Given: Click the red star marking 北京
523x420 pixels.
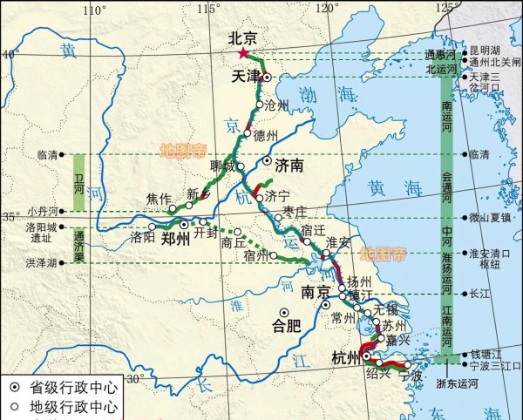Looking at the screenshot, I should (243, 53).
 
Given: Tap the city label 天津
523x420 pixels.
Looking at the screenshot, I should (246, 77).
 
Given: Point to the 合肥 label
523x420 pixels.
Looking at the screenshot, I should (286, 329).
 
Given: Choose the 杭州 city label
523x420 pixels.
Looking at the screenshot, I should (345, 358).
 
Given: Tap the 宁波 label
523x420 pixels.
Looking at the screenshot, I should (411, 377).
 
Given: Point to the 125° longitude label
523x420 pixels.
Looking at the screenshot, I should (448, 8).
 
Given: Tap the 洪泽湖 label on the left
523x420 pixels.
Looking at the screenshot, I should (40, 263).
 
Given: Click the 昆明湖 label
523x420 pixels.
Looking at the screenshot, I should (486, 51).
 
